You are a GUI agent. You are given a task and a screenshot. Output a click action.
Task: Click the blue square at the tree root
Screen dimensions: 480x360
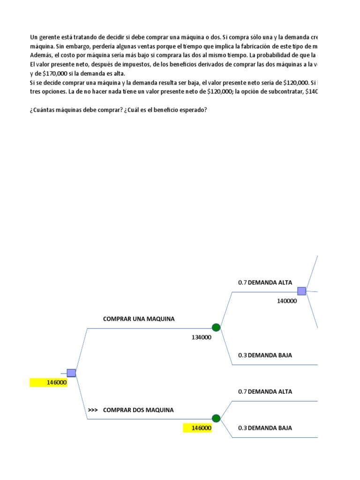71,373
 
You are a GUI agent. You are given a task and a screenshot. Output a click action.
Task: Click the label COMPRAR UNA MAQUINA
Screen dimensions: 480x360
139,319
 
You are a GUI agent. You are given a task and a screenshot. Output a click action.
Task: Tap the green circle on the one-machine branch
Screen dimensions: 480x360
216,328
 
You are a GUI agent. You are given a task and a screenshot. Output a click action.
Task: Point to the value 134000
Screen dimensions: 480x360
202,337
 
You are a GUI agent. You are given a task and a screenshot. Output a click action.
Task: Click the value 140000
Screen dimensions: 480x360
287,301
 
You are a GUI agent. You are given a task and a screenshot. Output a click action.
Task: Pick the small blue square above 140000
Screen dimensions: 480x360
301,291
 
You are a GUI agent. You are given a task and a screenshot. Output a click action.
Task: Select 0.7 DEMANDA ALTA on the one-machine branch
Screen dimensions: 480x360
265,283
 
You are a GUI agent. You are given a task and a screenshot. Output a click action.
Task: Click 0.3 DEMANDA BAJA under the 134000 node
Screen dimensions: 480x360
265,355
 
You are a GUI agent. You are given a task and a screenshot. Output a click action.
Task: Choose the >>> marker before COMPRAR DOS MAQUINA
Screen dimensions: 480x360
92,410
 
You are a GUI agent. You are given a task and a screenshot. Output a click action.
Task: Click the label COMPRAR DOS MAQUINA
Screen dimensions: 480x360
138,410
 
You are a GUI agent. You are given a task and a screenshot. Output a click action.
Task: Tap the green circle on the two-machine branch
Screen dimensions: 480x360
216,418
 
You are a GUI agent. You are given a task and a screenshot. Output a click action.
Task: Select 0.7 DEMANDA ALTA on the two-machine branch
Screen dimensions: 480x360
265,392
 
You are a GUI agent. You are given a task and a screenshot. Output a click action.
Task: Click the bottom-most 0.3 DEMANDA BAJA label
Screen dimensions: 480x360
265,428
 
